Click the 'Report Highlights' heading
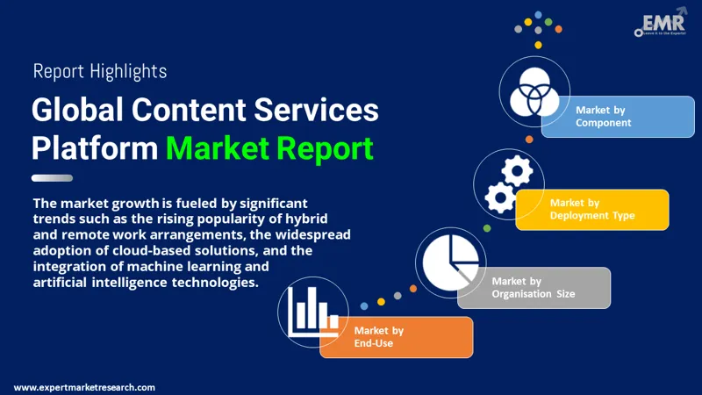click(99, 71)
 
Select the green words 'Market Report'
click(269, 147)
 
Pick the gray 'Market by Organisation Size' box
click(534, 287)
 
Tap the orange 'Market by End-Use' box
click(395, 336)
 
